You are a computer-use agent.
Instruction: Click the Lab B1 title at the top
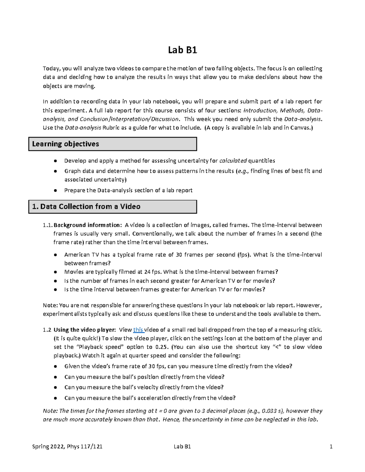tap(182, 50)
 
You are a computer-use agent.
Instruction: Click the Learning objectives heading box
tap(113, 144)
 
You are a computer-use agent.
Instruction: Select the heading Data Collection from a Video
tap(113, 207)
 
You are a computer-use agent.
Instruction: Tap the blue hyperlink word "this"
tap(138, 330)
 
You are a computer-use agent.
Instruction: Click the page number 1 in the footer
tap(331, 446)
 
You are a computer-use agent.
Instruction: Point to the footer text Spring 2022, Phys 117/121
tap(67, 446)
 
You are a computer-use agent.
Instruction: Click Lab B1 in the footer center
tap(182, 446)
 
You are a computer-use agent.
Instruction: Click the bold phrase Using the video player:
tap(85, 330)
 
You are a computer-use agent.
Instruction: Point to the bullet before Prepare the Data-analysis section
tap(55, 191)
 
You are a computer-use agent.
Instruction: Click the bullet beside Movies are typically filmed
tap(55, 272)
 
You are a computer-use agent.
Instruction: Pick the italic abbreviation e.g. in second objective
tap(243, 171)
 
